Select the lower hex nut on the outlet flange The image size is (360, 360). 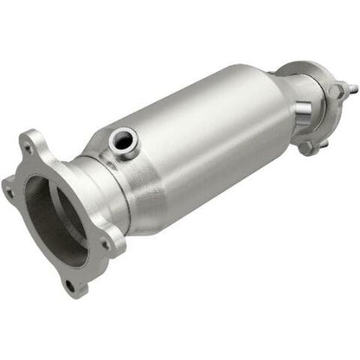coord(308,147)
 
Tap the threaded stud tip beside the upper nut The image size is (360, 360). coord(353,87)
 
